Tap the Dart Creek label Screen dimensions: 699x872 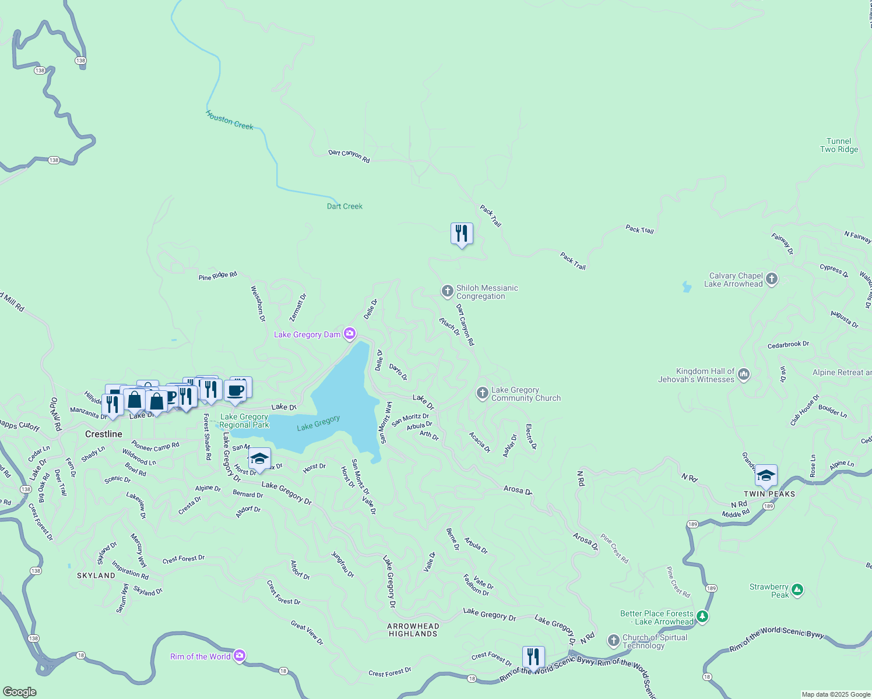[344, 206]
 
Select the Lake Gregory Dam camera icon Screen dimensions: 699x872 [350, 334]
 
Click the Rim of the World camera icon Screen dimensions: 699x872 [240, 656]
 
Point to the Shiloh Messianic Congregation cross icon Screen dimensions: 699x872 [447, 291]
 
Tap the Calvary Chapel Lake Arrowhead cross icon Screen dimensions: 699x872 [772, 279]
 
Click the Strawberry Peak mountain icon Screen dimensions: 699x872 [797, 590]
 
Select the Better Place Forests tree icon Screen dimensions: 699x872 [703, 616]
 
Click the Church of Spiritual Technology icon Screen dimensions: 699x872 [613, 641]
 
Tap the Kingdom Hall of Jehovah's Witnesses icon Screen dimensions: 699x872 [744, 375]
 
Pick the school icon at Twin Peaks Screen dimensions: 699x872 [766, 475]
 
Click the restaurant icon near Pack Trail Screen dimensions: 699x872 [462, 234]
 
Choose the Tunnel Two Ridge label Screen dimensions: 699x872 [839, 145]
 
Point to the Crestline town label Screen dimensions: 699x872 [104, 434]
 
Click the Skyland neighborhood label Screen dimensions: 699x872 [96, 576]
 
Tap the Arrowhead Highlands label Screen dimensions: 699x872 [413, 630]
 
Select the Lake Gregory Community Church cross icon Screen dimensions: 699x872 [482, 393]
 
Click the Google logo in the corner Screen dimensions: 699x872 [20, 691]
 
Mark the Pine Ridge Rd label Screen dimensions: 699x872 [218, 276]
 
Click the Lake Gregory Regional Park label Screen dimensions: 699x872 [244, 421]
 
